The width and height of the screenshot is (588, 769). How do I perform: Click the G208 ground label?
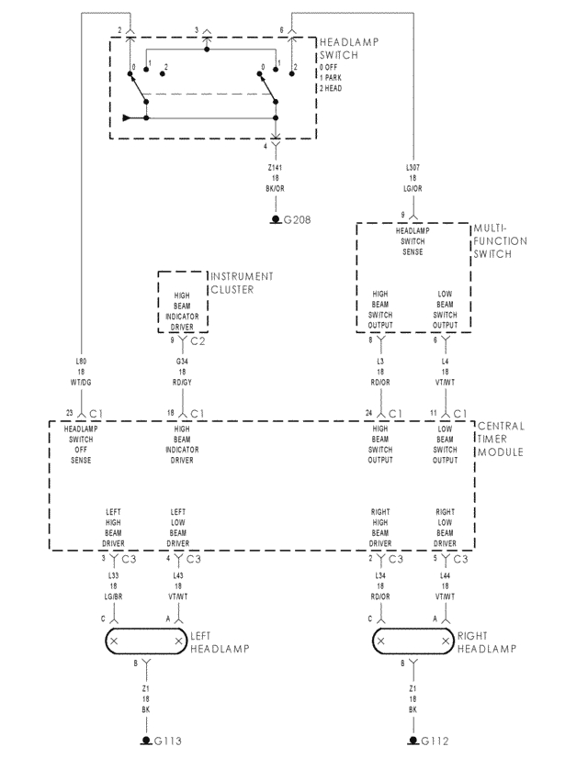[299, 221]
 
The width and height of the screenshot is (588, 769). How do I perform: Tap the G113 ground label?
[167, 741]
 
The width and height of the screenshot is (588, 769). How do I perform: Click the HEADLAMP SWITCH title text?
[348, 49]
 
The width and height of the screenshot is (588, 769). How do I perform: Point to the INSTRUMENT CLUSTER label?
[243, 283]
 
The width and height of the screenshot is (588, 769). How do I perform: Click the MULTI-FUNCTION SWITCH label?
[500, 241]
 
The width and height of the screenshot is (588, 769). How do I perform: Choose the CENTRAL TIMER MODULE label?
[502, 440]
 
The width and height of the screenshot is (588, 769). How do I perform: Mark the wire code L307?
[413, 168]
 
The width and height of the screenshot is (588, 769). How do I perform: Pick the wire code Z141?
[274, 168]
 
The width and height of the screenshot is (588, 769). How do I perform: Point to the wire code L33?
[114, 575]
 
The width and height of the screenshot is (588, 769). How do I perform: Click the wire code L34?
[380, 575]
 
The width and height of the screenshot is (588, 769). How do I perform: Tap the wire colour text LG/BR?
[114, 596]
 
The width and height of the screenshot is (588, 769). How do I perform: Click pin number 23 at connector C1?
[69, 413]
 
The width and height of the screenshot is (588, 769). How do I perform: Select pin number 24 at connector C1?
[369, 413]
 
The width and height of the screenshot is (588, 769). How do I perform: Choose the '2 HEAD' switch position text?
[333, 88]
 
